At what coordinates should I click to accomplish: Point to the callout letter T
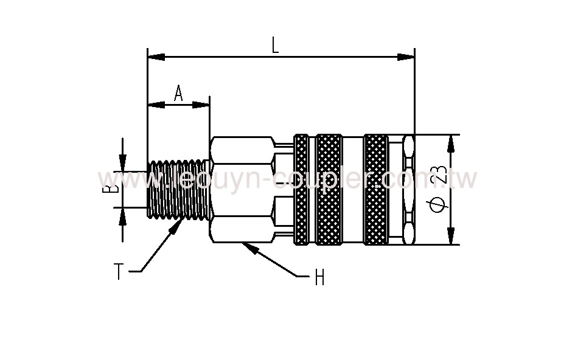(119, 271)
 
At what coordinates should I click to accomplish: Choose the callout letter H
(319, 279)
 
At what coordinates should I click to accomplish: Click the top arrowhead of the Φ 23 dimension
(451, 143)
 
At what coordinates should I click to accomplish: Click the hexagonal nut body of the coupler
(240, 189)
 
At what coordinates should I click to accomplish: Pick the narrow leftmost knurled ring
(302, 189)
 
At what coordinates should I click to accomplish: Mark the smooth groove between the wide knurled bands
(352, 189)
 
